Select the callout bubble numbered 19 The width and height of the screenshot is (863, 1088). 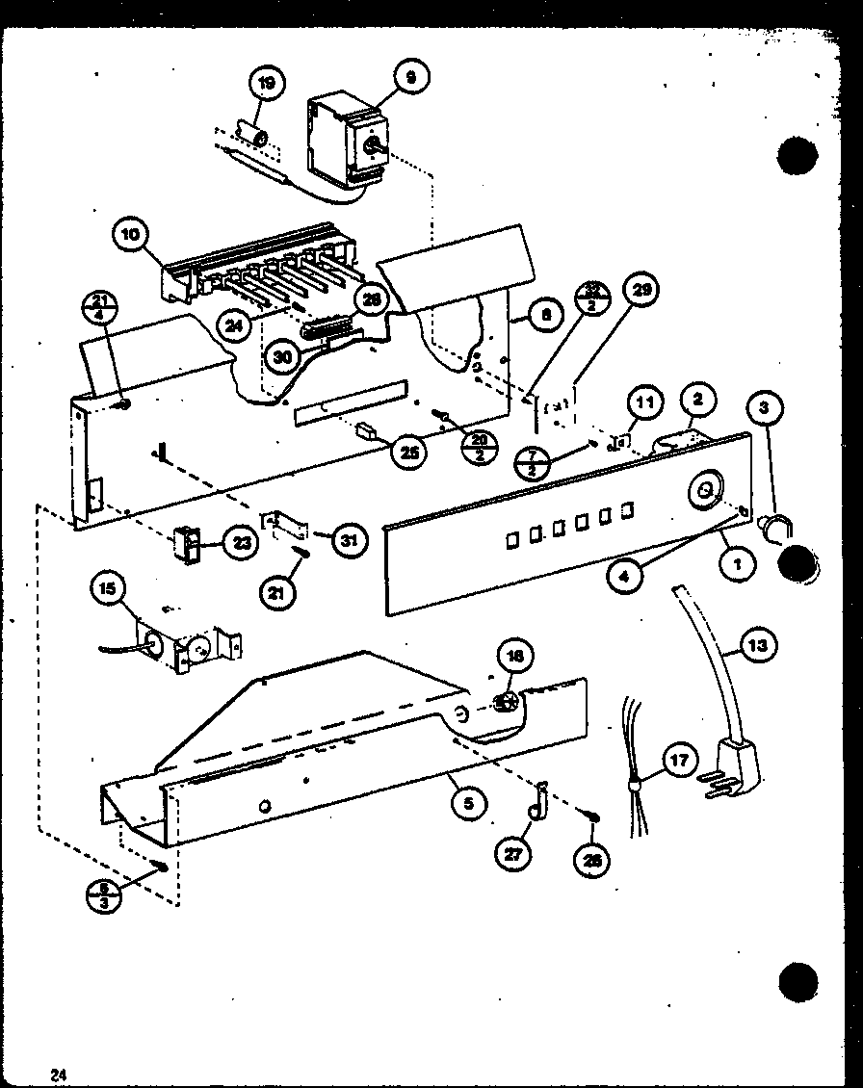(266, 85)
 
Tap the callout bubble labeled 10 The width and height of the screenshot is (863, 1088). (129, 234)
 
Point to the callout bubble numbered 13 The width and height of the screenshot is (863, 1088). (758, 646)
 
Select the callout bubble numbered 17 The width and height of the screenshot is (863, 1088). (679, 761)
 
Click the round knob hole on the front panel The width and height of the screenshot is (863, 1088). (704, 489)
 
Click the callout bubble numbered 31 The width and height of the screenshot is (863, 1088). (349, 541)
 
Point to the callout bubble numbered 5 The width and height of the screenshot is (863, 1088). (467, 802)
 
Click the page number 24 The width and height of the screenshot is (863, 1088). (59, 1075)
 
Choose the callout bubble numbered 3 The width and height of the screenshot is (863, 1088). (763, 408)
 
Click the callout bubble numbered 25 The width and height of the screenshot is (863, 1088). (411, 452)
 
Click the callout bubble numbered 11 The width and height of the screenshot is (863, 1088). (644, 402)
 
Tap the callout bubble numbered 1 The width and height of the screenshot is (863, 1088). (738, 565)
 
